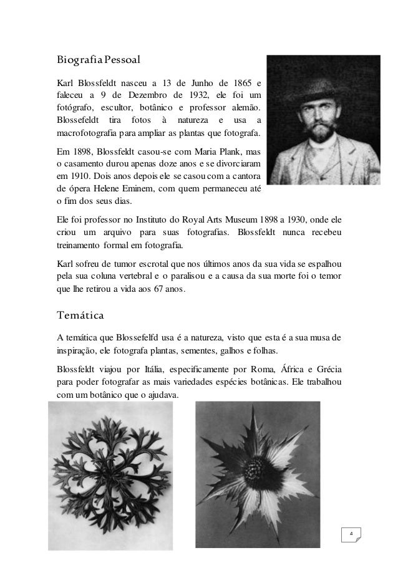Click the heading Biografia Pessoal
point(97,61)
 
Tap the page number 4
point(352,535)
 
